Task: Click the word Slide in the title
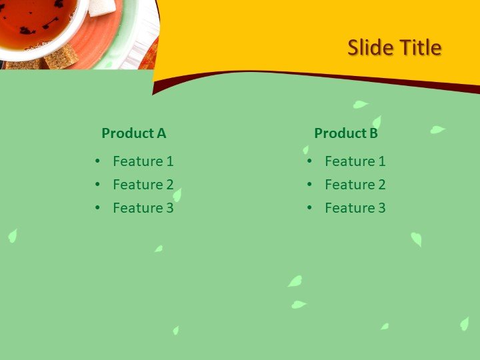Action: click(x=370, y=48)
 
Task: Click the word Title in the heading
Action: click(x=420, y=48)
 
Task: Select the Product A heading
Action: click(x=133, y=133)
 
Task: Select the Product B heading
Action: click(x=345, y=133)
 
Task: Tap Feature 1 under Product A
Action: click(x=143, y=161)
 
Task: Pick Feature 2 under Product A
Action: click(x=143, y=185)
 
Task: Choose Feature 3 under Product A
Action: click(x=143, y=208)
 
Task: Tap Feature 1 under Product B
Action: click(x=355, y=161)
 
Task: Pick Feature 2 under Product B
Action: click(x=355, y=185)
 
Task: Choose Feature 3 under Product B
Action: click(x=355, y=208)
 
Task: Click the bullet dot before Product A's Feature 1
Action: click(x=98, y=161)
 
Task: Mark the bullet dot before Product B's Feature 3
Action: click(x=310, y=208)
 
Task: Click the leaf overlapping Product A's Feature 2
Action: click(x=177, y=194)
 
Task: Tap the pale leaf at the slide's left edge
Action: click(x=12, y=235)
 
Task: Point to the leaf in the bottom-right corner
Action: click(x=464, y=323)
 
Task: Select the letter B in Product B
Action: click(x=373, y=133)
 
